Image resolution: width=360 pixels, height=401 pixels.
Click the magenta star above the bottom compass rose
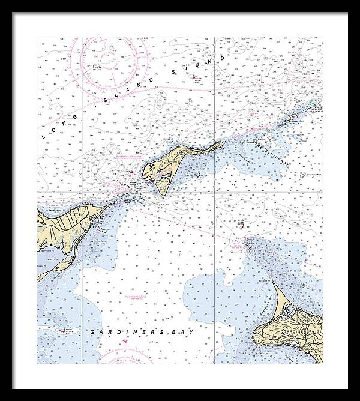pos(125,342)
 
